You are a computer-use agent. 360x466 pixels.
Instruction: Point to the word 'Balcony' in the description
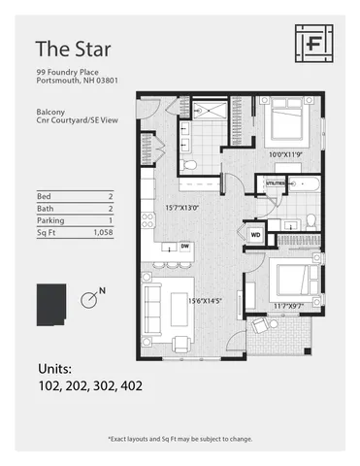click(x=50, y=112)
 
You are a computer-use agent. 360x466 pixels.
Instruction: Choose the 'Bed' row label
click(x=44, y=194)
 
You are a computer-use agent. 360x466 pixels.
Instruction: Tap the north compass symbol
click(x=88, y=300)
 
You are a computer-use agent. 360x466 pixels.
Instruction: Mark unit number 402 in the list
click(x=131, y=386)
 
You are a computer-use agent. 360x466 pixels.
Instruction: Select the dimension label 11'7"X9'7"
click(x=289, y=306)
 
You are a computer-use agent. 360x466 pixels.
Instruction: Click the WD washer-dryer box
click(x=256, y=234)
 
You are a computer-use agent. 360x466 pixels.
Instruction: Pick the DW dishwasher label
click(x=183, y=247)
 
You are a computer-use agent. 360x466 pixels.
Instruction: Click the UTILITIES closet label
click(x=275, y=182)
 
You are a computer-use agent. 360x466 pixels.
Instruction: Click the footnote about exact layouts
click(x=180, y=439)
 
